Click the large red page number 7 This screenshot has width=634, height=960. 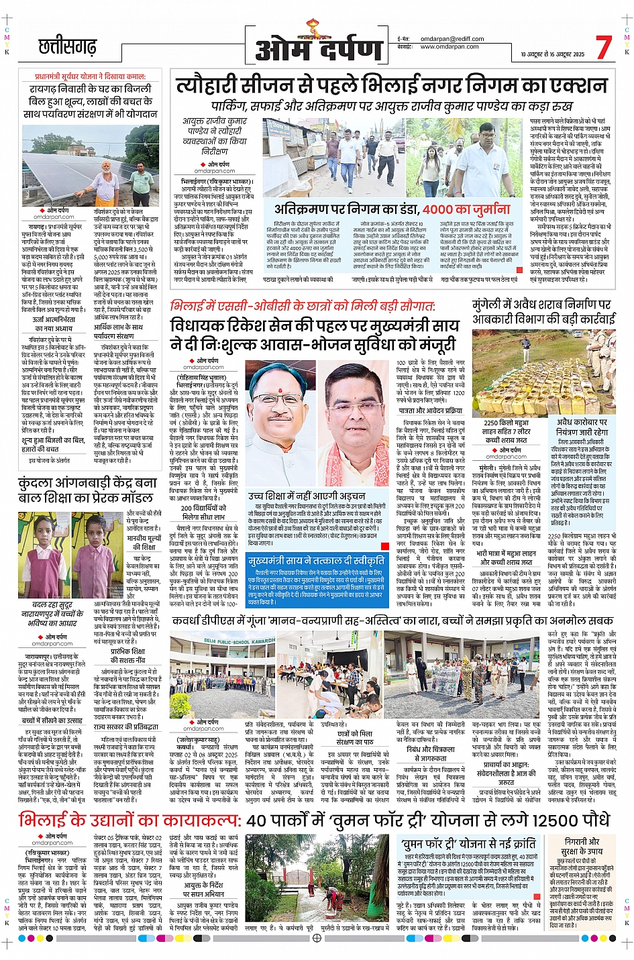click(x=603, y=47)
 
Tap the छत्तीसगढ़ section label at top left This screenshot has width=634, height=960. click(x=67, y=48)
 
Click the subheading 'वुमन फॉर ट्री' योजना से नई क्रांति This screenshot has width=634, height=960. click(x=468, y=844)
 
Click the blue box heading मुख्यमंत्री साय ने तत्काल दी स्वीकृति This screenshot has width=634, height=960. click(x=307, y=561)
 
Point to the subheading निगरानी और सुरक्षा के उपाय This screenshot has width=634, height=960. click(x=581, y=847)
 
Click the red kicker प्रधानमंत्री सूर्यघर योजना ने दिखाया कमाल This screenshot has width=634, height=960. click(x=90, y=76)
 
